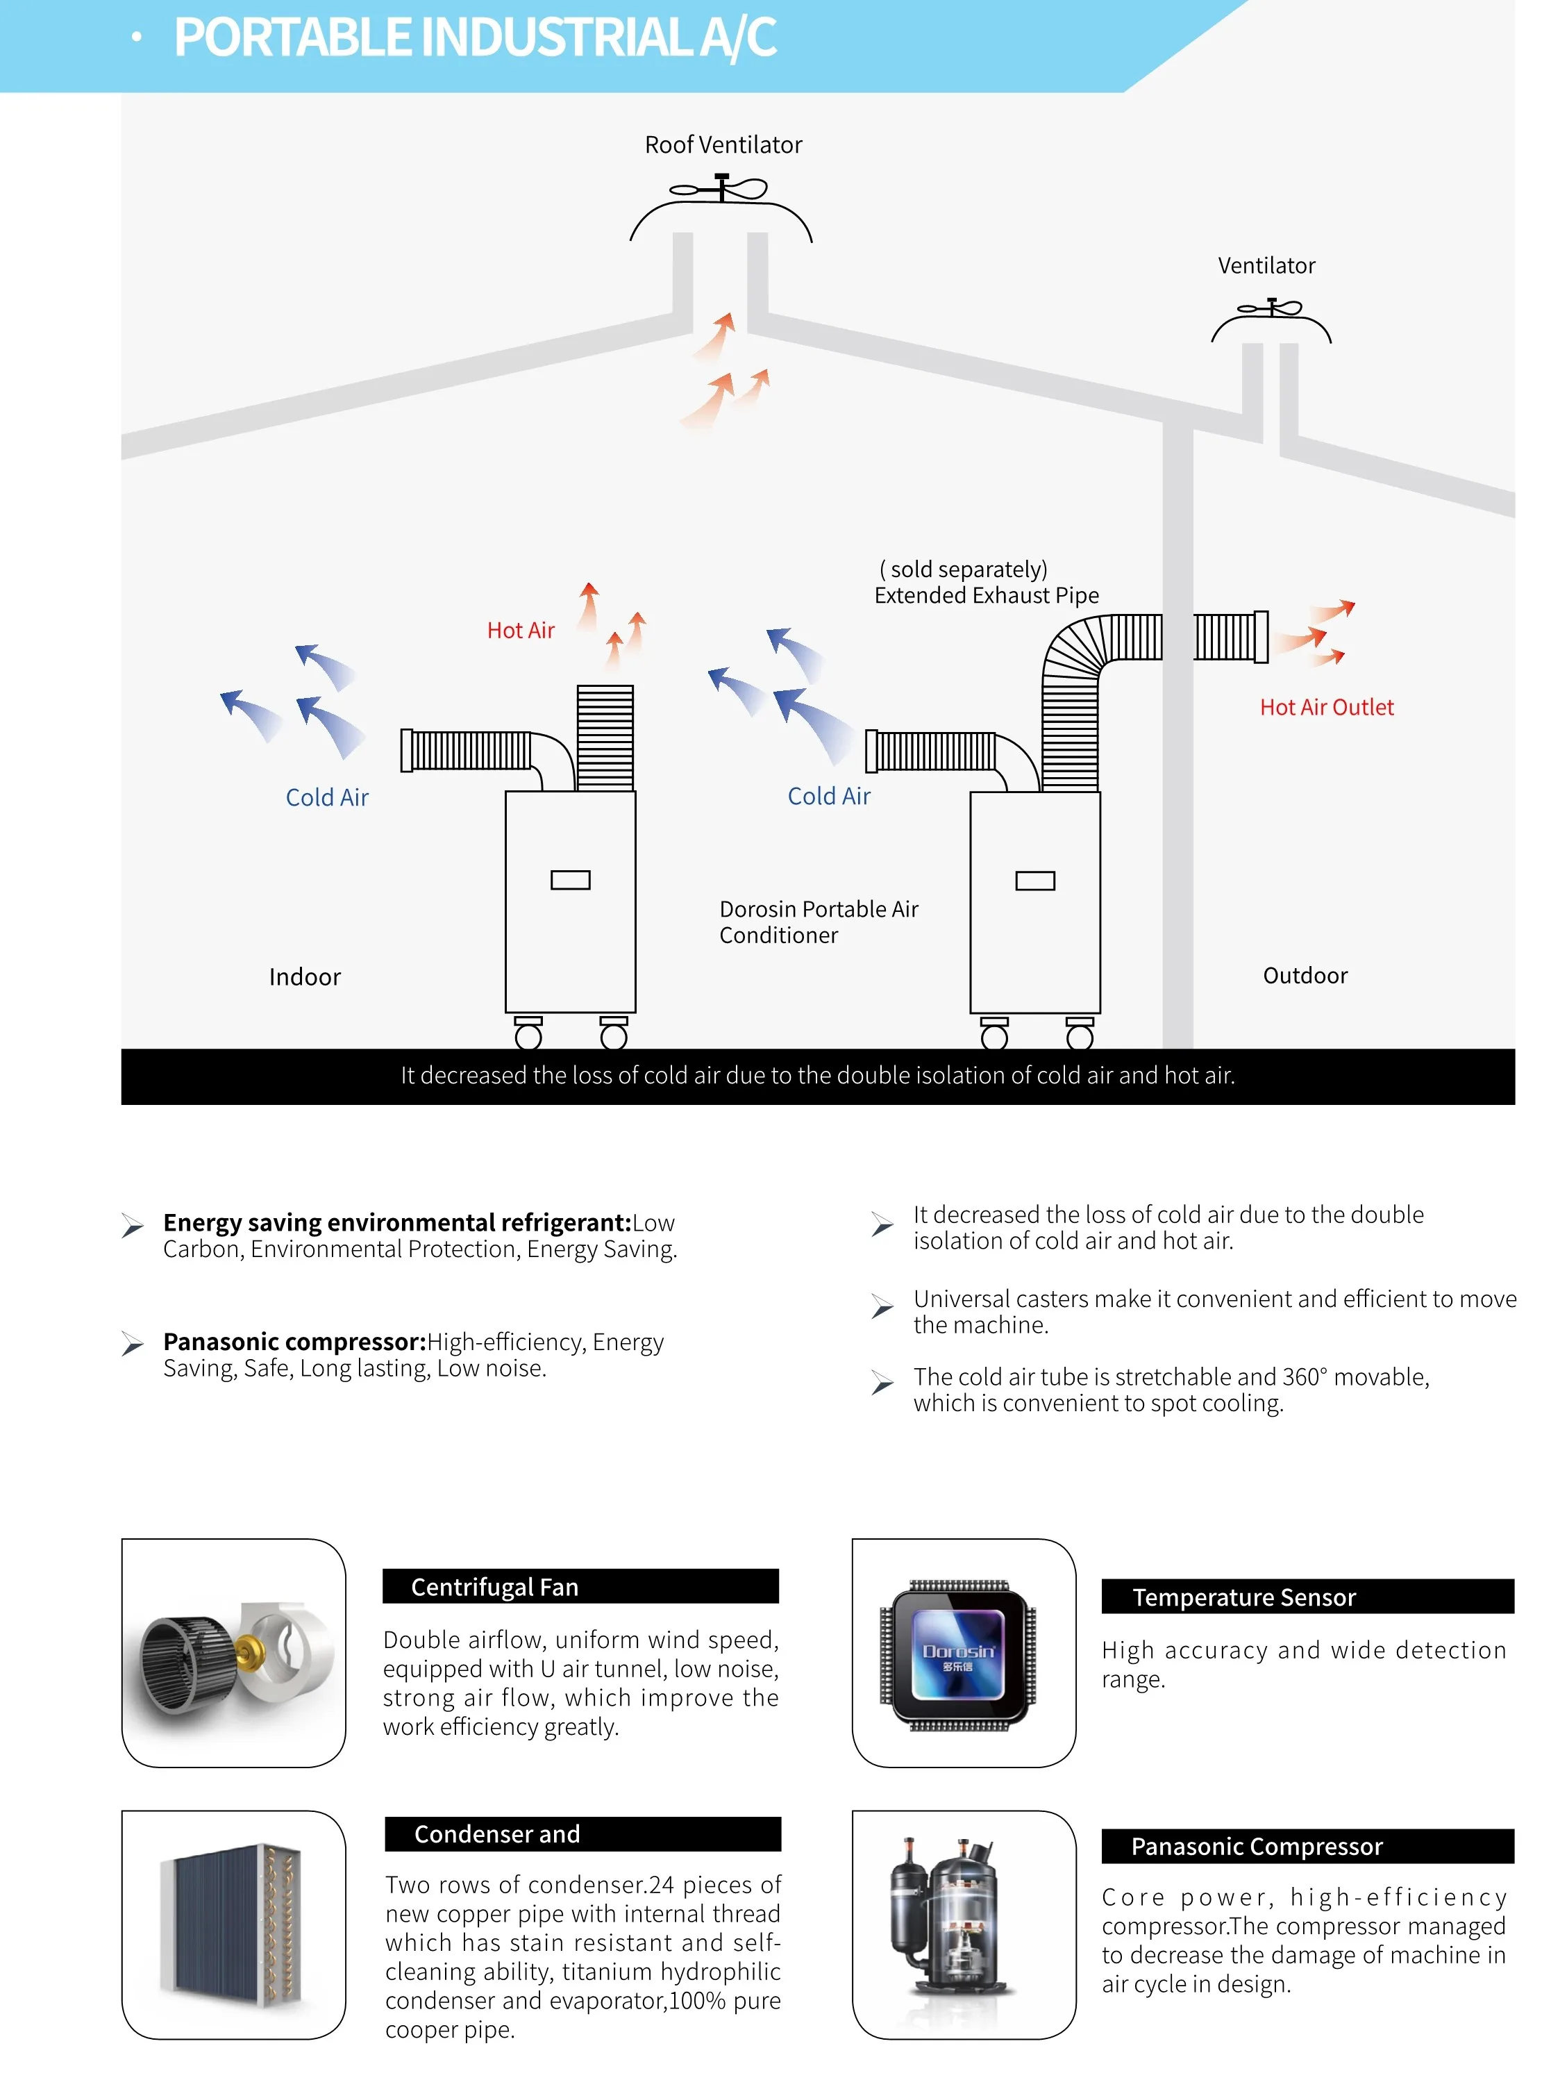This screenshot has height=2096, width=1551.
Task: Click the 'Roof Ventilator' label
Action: pyautogui.click(x=723, y=144)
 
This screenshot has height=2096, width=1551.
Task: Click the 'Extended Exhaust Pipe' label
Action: pyautogui.click(x=986, y=595)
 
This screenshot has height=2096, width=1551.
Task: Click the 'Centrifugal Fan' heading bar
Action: pyautogui.click(x=580, y=1586)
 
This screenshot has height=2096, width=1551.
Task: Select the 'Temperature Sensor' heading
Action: pyautogui.click(x=1306, y=1597)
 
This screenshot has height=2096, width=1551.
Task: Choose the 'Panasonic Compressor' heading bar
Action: pyautogui.click(x=1306, y=1845)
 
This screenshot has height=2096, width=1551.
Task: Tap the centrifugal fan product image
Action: pyautogui.click(x=234, y=1653)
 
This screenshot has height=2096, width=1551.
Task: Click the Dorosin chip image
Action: pyautogui.click(x=959, y=1654)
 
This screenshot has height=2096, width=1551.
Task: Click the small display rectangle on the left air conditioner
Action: pyautogui.click(x=570, y=880)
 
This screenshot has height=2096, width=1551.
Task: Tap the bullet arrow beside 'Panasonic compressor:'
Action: pyautogui.click(x=133, y=1344)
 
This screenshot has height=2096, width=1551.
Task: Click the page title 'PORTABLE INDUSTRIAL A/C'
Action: pyautogui.click(x=475, y=38)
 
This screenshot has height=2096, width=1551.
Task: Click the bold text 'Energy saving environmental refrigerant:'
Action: pyautogui.click(x=396, y=1222)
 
